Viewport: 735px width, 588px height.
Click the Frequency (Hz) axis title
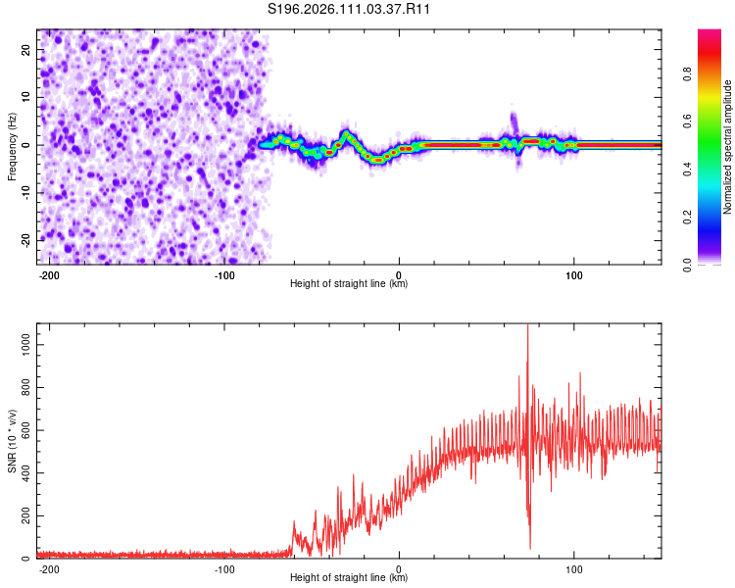point(12,146)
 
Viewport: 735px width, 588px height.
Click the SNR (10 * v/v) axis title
point(12,440)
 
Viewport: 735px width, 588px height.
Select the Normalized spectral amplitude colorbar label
point(727,147)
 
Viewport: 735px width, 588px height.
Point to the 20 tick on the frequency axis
point(26,49)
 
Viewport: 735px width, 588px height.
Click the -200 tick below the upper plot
point(50,274)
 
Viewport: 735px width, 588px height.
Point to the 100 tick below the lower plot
point(574,568)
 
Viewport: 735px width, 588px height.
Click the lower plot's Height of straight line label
point(349,578)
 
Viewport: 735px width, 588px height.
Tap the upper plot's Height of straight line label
point(349,284)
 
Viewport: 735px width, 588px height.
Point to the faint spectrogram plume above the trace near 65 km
point(514,121)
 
